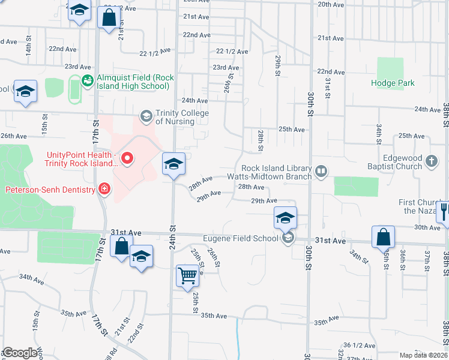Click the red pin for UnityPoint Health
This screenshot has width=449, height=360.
coord(127,159)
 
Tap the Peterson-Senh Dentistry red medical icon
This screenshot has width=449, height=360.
coord(104,190)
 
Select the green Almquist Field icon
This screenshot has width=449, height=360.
coord(88,80)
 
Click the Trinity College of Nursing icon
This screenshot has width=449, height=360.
coord(146,115)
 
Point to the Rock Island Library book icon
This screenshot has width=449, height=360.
coord(321,172)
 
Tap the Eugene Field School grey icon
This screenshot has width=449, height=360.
coord(288,238)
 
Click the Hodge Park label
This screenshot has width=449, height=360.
coord(393,83)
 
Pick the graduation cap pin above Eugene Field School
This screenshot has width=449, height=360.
coord(286,218)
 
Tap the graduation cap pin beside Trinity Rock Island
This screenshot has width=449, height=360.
coord(173,164)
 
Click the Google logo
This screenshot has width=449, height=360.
coord(19,353)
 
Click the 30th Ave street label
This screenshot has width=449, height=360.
coord(427,227)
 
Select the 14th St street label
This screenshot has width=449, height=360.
coord(28,50)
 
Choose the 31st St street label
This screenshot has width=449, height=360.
coord(328,88)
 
